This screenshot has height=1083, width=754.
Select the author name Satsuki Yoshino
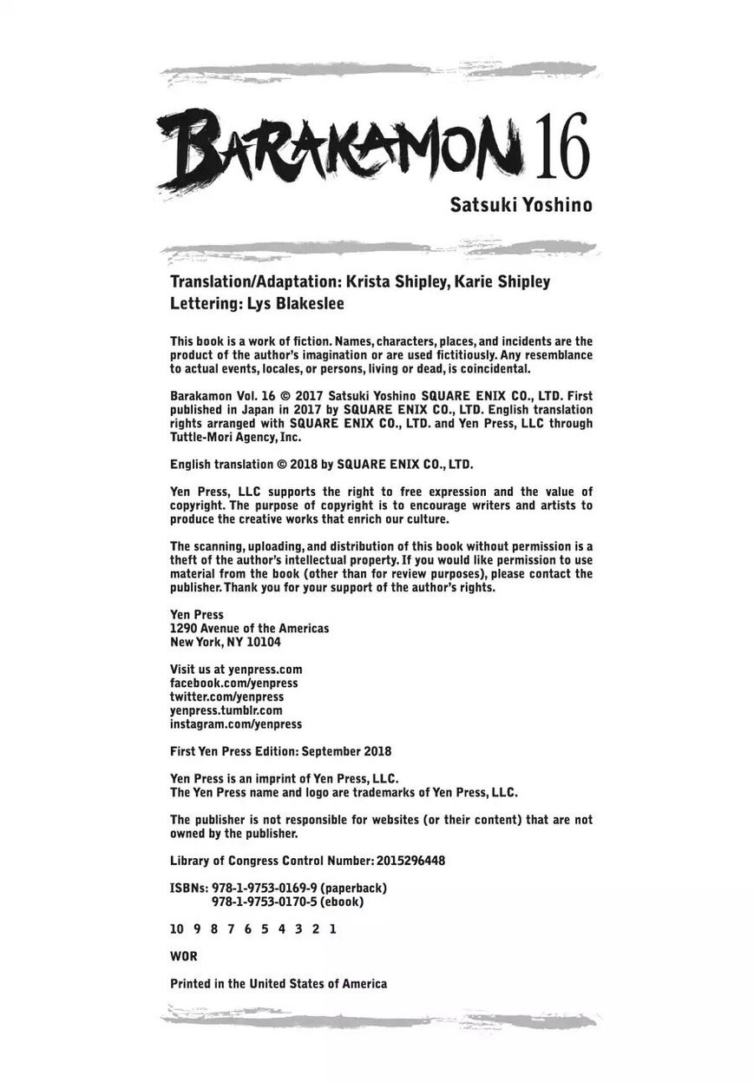[521, 206]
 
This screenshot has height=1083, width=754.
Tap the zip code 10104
[262, 643]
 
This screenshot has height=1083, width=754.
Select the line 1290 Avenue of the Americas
[250, 628]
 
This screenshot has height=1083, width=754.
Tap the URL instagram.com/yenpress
[236, 724]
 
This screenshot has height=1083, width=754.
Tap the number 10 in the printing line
[177, 929]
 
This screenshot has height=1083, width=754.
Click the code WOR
[184, 956]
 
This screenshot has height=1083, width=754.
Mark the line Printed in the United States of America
[279, 984]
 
